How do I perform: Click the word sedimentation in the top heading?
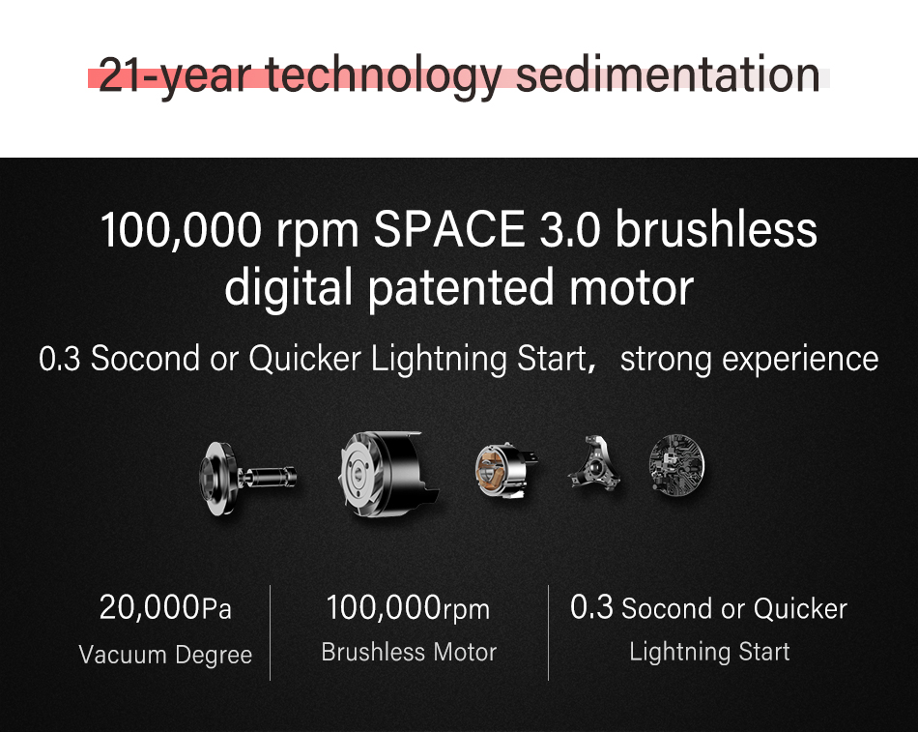(668, 74)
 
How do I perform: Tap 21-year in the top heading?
(175, 76)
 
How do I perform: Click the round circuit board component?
(676, 465)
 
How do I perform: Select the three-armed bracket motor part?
(593, 464)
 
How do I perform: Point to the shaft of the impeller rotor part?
(268, 477)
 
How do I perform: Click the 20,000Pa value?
(165, 607)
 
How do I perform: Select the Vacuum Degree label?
(165, 655)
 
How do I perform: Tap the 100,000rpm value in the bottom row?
(408, 607)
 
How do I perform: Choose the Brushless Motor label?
(409, 652)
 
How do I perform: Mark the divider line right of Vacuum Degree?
(270, 632)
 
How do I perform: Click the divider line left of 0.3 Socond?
(549, 632)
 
